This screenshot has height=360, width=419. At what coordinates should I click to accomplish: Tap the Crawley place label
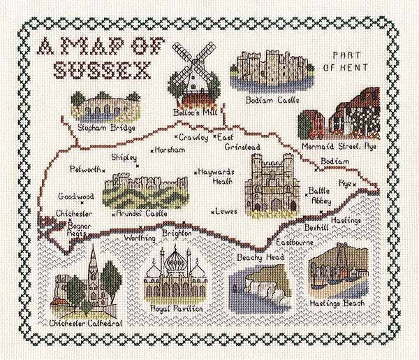[x=193, y=137]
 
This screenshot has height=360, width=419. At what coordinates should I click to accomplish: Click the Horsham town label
[x=171, y=150]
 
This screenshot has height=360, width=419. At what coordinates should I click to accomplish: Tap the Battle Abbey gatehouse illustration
[x=271, y=183]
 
